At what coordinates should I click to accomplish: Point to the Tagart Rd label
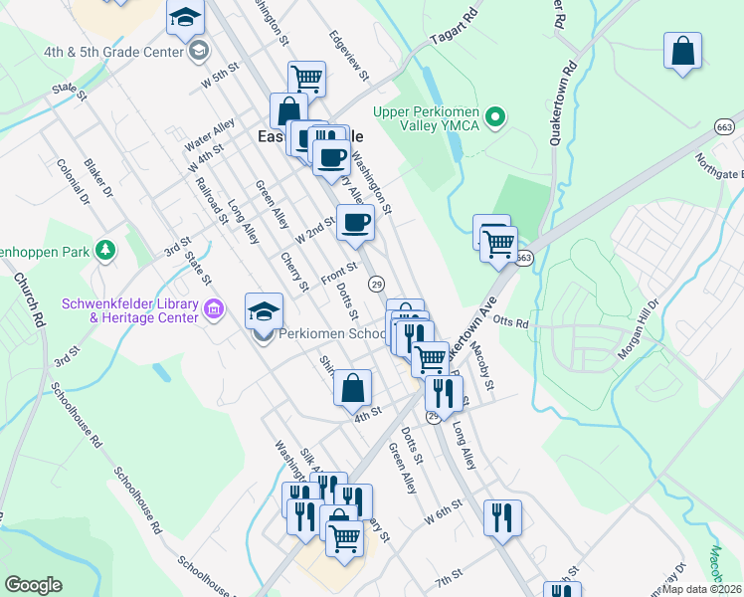(x=455, y=32)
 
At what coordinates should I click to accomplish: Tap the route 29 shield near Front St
(x=376, y=285)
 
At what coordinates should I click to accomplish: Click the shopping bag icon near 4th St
(x=352, y=389)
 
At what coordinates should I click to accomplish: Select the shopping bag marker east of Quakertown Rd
(x=682, y=52)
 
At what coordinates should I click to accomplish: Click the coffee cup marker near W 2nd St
(x=355, y=223)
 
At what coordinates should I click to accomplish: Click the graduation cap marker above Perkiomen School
(x=264, y=311)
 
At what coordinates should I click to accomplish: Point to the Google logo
(x=33, y=585)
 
